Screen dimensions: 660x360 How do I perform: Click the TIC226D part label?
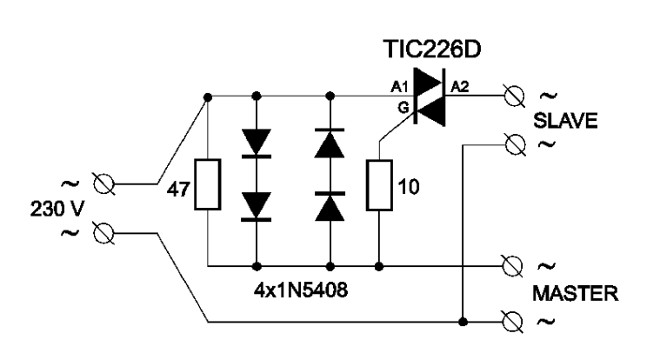432,50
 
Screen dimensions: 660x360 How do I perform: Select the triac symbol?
430,97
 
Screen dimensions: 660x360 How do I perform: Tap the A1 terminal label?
399,87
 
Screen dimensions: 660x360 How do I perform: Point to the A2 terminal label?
460,87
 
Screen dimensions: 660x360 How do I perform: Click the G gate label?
403,108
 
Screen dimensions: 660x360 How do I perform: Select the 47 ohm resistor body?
208,184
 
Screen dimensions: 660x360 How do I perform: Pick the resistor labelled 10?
379,185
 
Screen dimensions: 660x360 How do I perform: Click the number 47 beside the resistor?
178,190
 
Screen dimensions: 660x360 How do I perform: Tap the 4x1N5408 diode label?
301,290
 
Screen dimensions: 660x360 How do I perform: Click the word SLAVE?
565,121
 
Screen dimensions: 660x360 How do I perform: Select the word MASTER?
576,293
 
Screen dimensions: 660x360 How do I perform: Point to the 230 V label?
57,209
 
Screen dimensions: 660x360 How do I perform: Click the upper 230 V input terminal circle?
103,184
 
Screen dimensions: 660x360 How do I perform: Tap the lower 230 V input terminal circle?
103,233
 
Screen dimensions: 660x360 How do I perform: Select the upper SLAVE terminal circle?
515,96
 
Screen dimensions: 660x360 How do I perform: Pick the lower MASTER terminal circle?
513,322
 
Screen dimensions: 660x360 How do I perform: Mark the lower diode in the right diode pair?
330,206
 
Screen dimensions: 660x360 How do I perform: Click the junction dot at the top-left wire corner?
208,97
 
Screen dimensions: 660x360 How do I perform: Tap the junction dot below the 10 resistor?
379,266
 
